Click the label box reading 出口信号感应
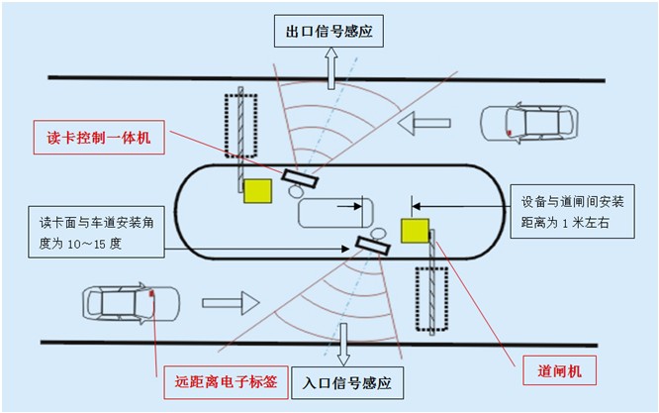coord(329,31)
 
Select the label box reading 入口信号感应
coord(347,382)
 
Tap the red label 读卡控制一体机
coord(99,137)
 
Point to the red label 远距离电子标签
coord(226,382)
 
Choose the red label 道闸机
coord(559,370)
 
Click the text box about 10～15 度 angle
coord(96,232)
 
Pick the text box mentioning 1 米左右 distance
coord(573,212)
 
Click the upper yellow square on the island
coord(257,191)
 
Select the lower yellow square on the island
coord(416,231)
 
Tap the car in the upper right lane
coord(529,123)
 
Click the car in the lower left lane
coord(132,303)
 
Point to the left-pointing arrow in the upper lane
coord(424,123)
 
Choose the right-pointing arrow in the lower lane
coord(231,303)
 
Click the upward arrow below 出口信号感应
coord(331,68)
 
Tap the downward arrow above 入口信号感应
coord(343,345)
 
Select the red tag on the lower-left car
coord(151,293)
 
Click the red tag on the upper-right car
coord(509,133)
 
